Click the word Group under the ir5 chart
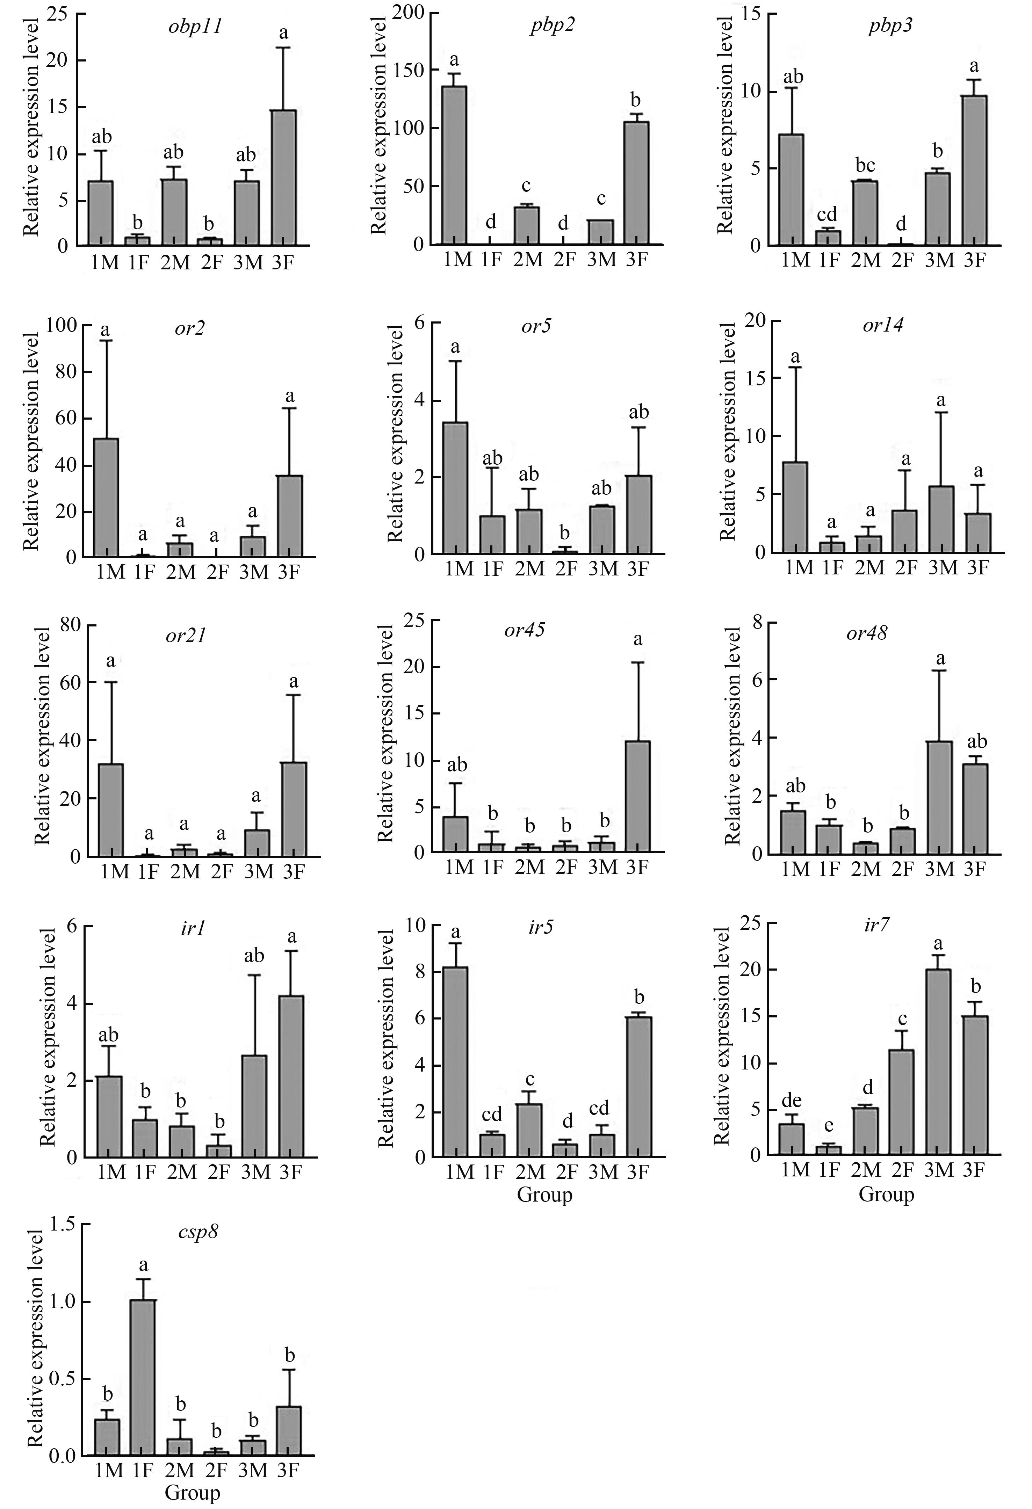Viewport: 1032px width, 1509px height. pyautogui.click(x=544, y=1195)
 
